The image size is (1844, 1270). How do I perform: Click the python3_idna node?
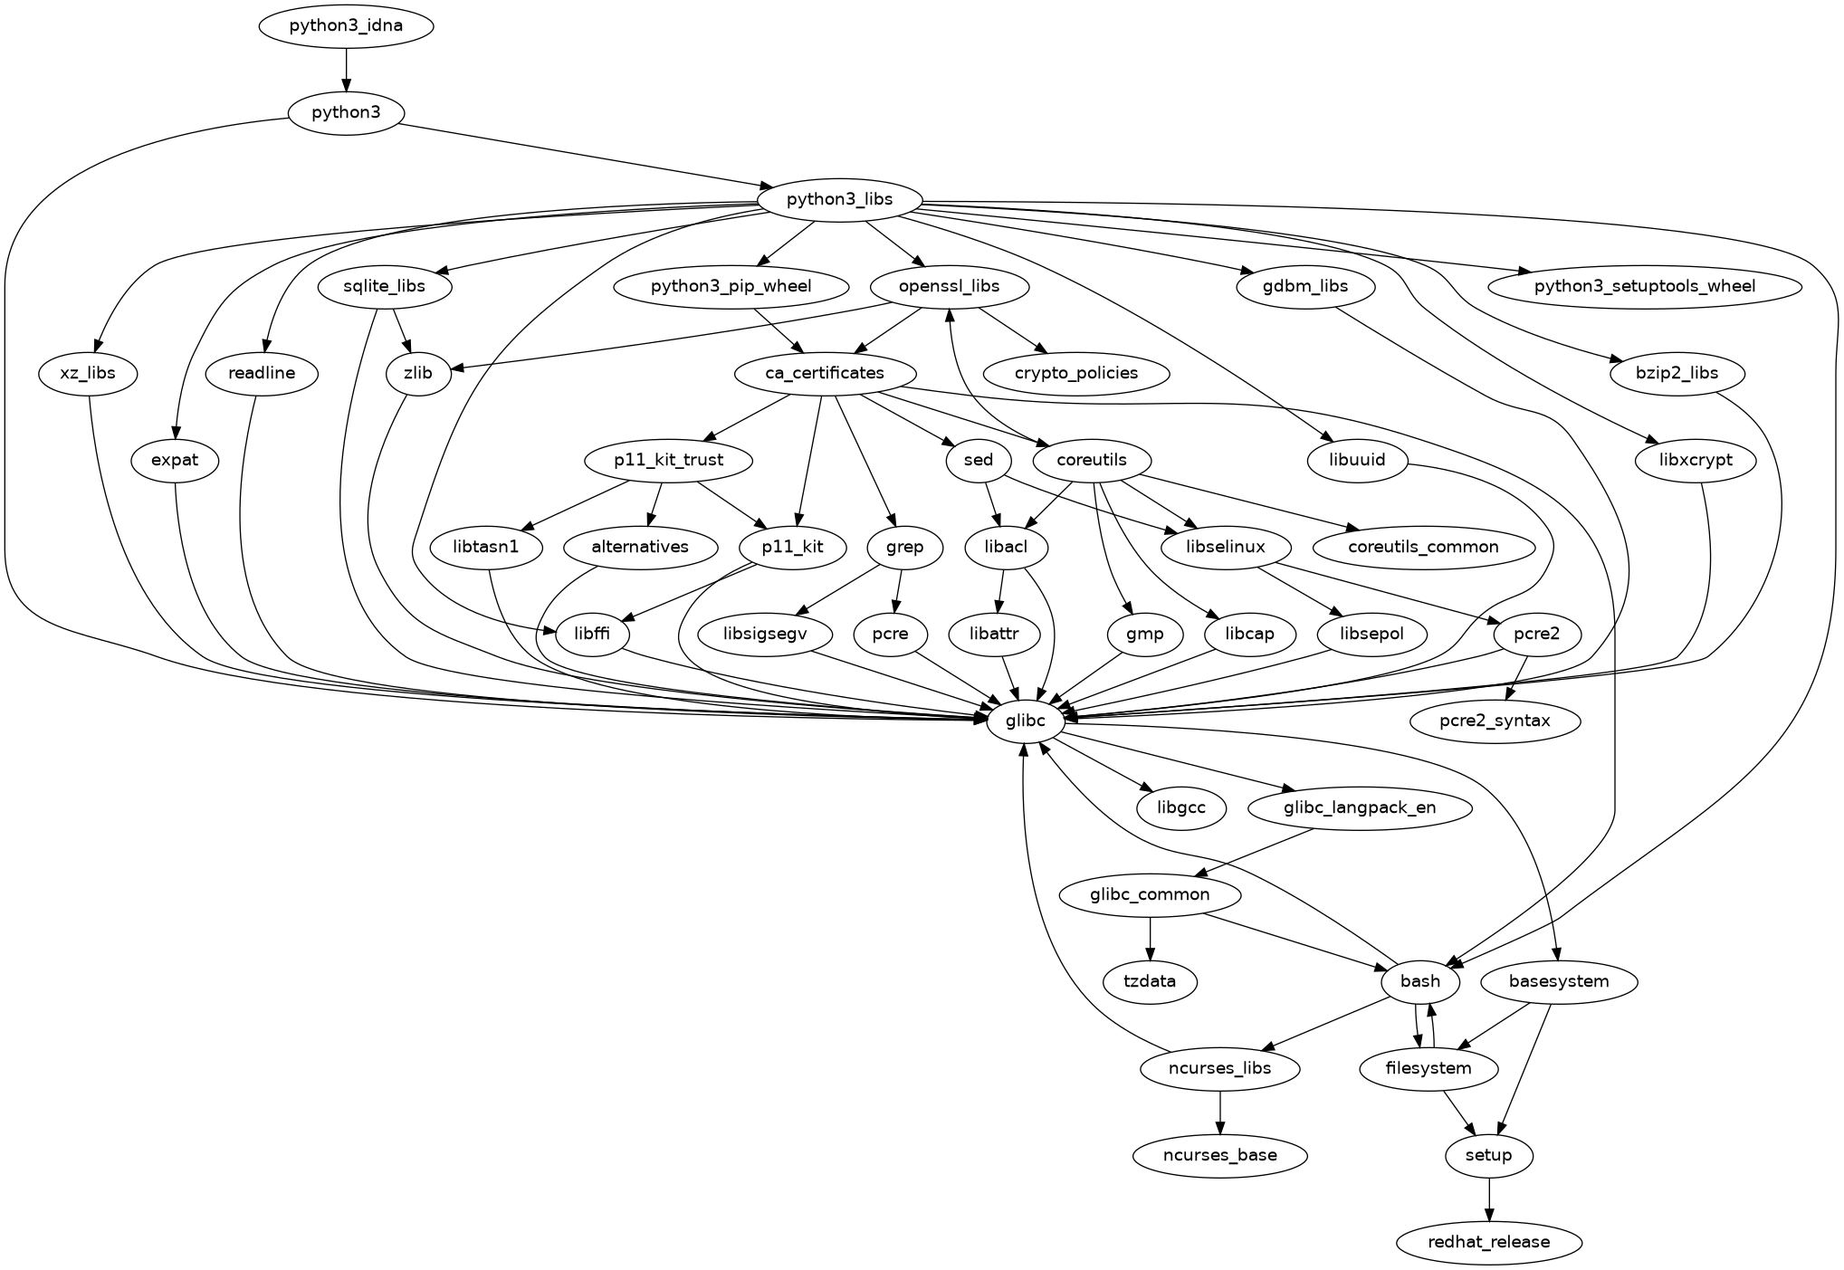[346, 25]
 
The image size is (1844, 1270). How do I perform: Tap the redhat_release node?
[1488, 1242]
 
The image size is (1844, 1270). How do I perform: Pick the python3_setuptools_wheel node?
[1644, 286]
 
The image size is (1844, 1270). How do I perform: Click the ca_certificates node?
[824, 373]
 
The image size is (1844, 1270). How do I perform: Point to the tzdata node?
[1150, 981]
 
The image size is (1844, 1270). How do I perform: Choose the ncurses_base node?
[1220, 1155]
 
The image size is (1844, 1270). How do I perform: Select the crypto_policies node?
[1075, 373]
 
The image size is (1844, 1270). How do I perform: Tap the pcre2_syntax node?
[1495, 721]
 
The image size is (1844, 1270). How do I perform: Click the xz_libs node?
[89, 373]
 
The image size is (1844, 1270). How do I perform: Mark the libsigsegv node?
[765, 634]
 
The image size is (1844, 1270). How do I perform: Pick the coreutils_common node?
[1423, 547]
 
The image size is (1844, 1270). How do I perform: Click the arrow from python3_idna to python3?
[346, 69]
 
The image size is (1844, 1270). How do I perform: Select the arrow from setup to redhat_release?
[1488, 1198]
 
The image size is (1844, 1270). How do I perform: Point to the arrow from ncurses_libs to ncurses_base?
[1220, 1112]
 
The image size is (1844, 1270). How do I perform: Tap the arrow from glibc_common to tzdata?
[1150, 938]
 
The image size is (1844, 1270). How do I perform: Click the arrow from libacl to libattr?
[1001, 590]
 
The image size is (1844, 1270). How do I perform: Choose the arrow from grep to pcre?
[898, 590]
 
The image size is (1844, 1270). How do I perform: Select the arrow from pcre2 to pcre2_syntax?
[1516, 678]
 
